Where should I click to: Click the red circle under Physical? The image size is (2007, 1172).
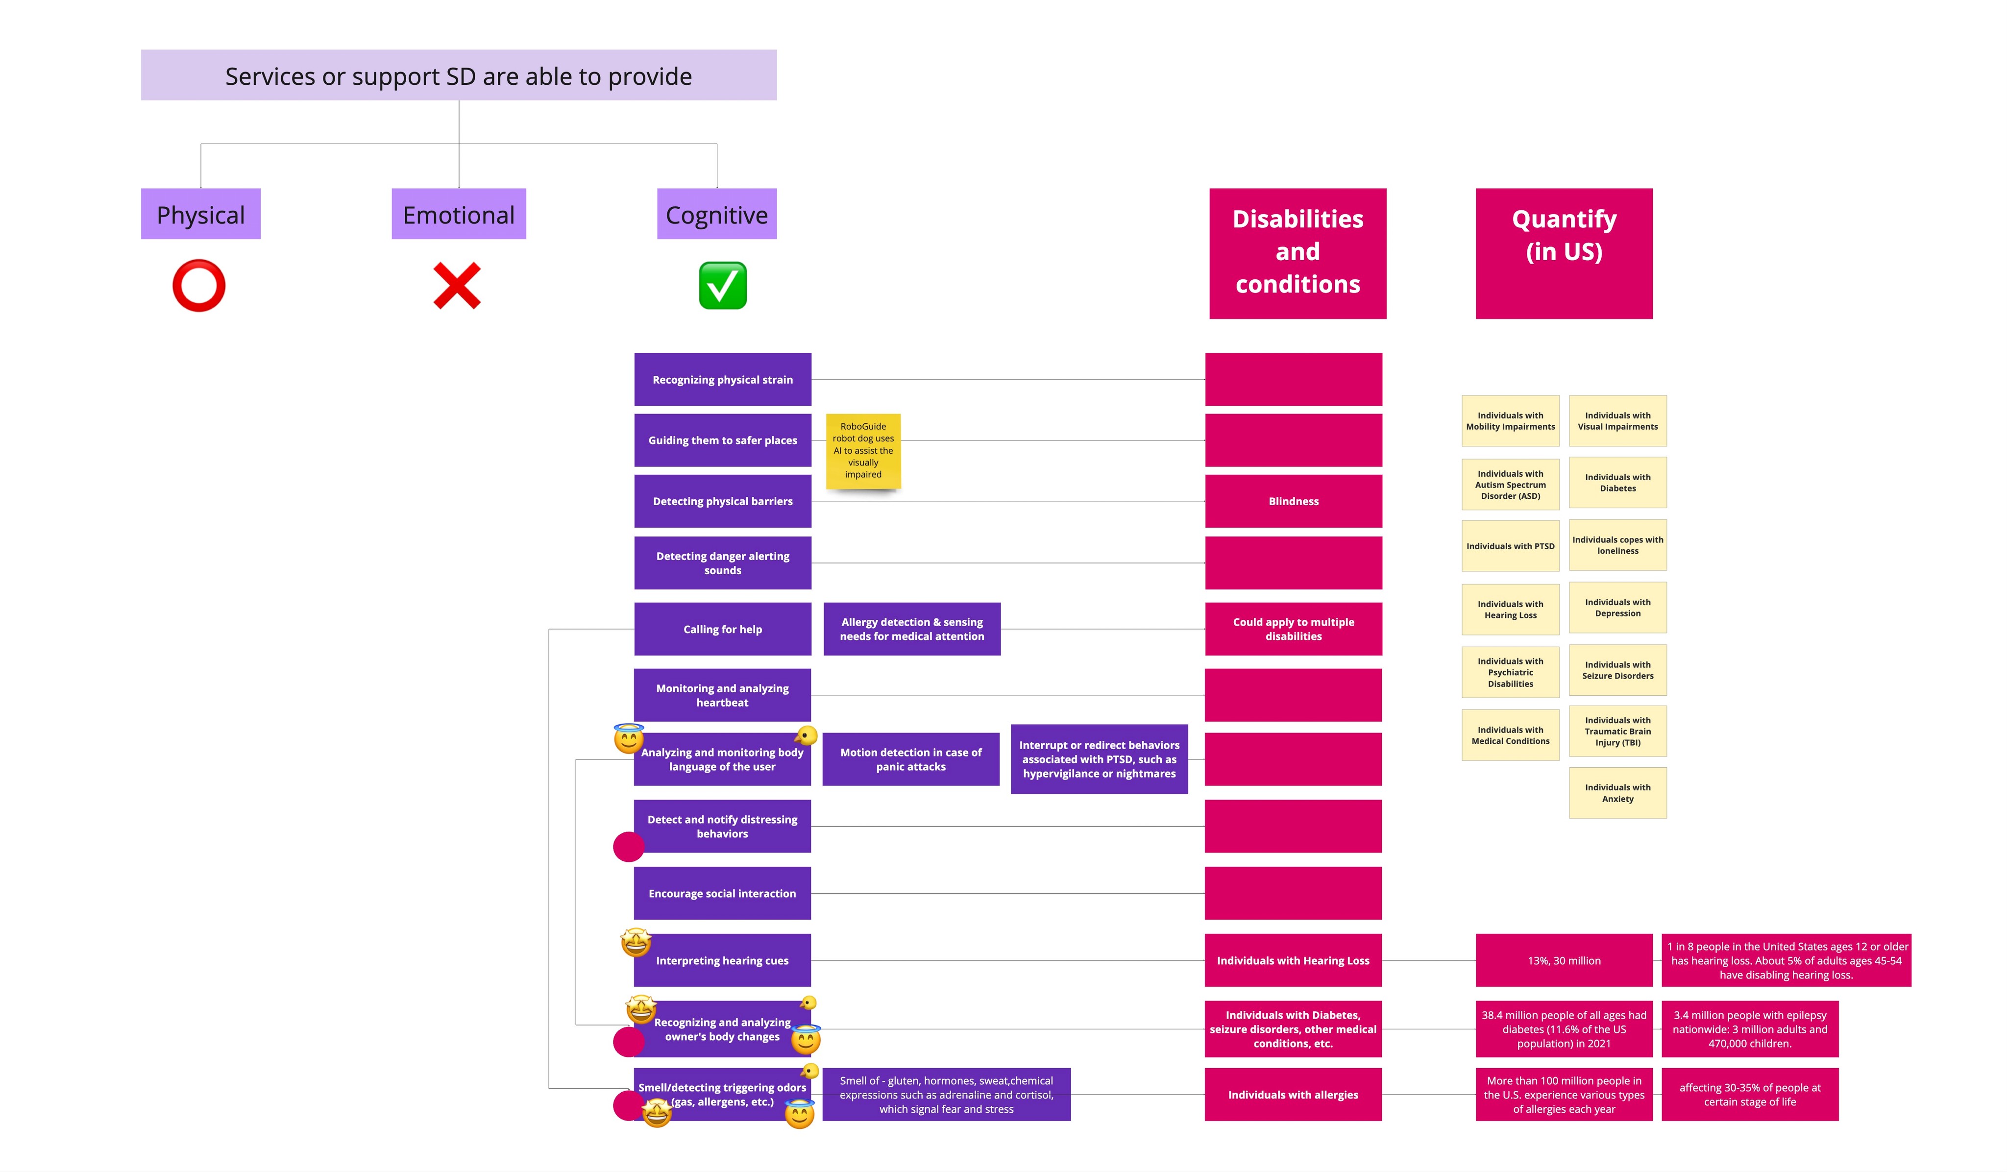coord(199,285)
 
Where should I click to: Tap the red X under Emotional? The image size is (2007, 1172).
coord(457,285)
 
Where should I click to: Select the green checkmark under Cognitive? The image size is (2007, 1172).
coord(722,285)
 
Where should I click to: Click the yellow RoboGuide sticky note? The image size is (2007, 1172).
coord(863,451)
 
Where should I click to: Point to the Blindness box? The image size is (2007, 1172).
coord(1294,501)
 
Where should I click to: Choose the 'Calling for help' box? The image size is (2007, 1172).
coord(722,629)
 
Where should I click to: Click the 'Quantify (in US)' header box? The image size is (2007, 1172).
coord(1564,253)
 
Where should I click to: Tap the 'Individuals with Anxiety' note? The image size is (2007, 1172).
coord(1617,793)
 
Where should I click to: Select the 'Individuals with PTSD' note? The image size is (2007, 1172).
coord(1510,546)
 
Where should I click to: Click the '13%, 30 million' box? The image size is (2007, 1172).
coord(1564,960)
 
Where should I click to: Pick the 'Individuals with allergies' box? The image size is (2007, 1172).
coord(1293,1095)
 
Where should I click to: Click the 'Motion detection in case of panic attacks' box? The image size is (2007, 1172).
coord(910,759)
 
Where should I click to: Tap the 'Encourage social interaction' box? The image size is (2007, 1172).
coord(722,893)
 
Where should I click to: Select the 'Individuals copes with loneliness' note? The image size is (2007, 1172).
coord(1617,545)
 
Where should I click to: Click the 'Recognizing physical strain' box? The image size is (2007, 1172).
coord(722,380)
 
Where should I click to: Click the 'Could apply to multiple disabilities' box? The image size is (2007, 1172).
coord(1294,629)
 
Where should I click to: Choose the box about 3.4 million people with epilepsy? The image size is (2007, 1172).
coord(1750,1029)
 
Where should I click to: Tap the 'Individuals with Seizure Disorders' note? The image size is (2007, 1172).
coord(1617,670)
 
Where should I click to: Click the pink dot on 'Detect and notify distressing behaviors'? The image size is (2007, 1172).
coord(628,846)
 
